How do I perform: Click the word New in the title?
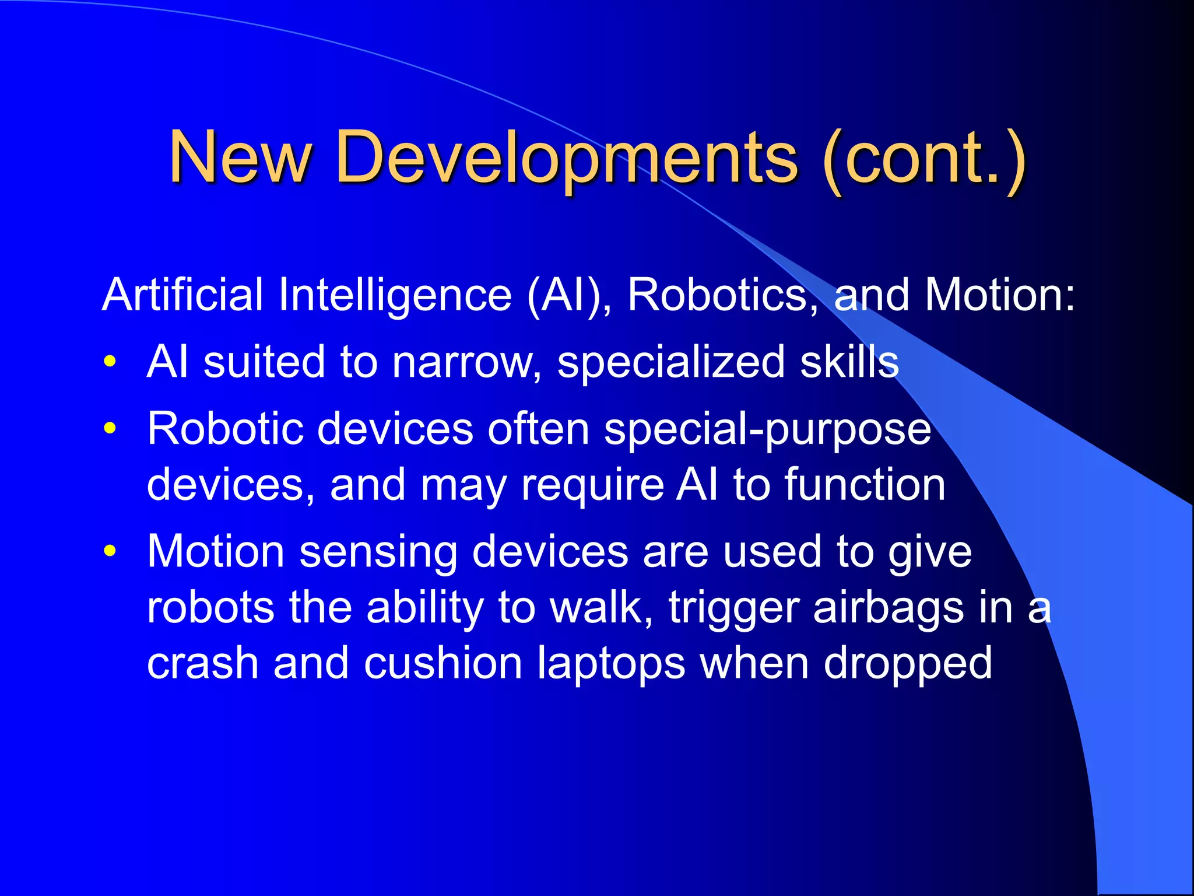pos(240,157)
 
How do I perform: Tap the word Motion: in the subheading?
pos(1000,295)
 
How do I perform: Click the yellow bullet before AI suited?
pos(110,362)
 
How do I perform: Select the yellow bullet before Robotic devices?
pos(110,429)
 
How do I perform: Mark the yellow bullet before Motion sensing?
pos(110,552)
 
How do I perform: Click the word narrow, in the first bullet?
pos(467,362)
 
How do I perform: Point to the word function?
pos(865,485)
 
